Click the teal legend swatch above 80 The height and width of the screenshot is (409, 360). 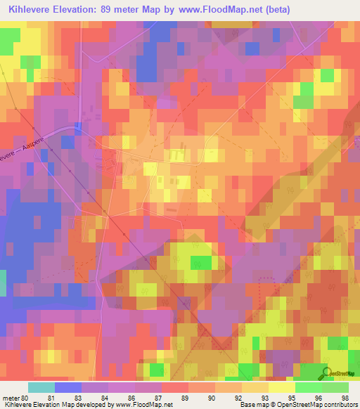click(41, 387)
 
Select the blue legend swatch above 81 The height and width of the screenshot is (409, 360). click(67, 387)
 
